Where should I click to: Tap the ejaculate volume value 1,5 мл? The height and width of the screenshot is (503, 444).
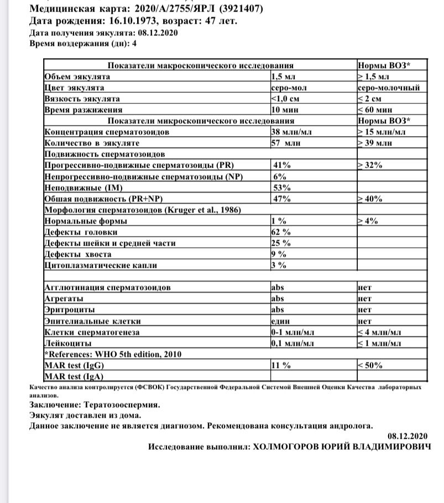click(283, 76)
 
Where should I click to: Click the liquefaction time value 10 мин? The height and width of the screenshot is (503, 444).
click(285, 110)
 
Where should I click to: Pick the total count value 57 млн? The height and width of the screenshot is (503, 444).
click(285, 143)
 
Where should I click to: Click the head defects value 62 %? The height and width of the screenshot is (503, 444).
click(281, 232)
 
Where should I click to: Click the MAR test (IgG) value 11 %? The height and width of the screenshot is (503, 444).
click(282, 365)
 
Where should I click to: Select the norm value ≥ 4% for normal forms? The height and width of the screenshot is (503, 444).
click(367, 221)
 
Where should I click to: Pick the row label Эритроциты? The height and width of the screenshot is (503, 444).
click(69, 310)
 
